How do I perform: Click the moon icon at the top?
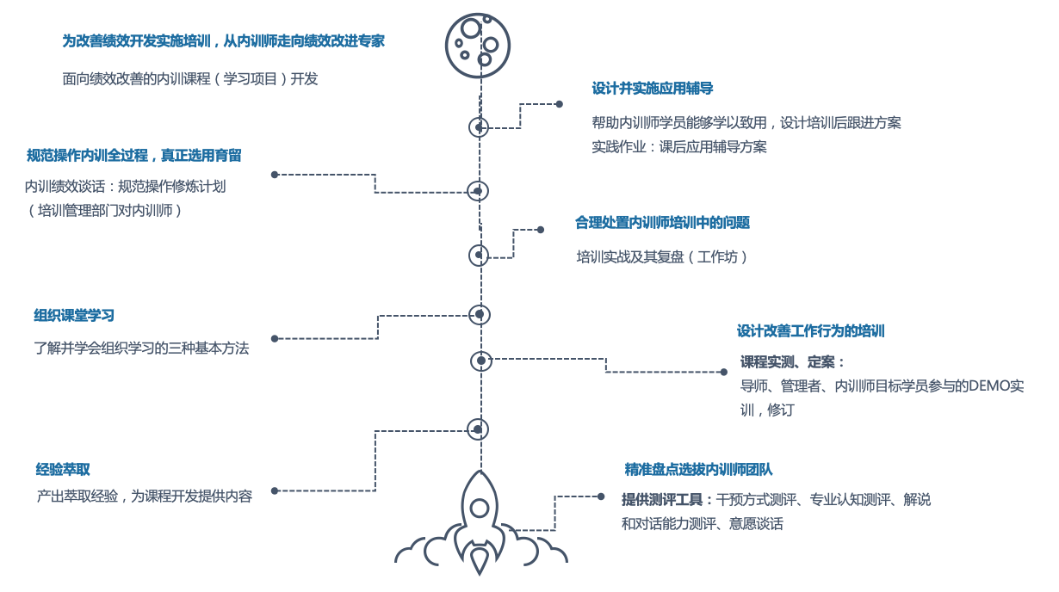[478, 42]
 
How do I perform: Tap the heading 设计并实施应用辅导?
[652, 89]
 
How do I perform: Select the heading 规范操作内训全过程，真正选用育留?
[134, 156]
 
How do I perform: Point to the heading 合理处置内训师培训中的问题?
[662, 223]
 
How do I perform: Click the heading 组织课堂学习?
[74, 316]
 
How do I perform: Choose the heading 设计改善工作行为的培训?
[810, 331]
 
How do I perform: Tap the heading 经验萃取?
[63, 470]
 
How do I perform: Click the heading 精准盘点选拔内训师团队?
[698, 470]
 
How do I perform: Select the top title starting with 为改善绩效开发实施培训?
[223, 41]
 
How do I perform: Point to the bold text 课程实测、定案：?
[793, 362]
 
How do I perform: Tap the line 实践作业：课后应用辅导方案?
[678, 146]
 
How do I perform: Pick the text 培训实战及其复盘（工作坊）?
[662, 256]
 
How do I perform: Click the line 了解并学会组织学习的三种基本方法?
[141, 348]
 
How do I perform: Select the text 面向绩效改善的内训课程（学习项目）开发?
[190, 79]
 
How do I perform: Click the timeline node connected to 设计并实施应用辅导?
[479, 127]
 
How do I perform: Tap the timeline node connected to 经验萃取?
[479, 429]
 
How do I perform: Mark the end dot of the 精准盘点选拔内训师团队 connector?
[601, 496]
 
